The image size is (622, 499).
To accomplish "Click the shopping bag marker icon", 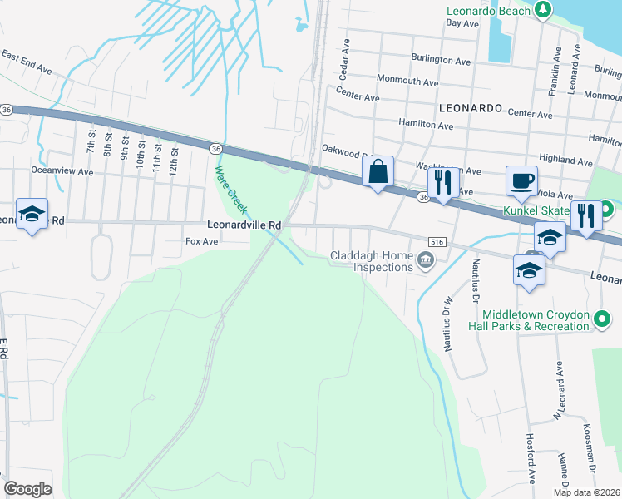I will pos(378,172).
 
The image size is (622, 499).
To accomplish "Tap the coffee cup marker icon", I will pos(521,181).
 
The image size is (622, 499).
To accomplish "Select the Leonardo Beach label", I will pos(488,11).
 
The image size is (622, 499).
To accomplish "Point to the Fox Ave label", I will pos(201,241).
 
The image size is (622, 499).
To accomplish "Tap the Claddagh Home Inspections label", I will pos(372,261).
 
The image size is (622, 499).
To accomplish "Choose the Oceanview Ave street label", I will pos(62,170).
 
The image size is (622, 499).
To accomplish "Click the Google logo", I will pos(27,488).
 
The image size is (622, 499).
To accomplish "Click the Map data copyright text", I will pos(587,492).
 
